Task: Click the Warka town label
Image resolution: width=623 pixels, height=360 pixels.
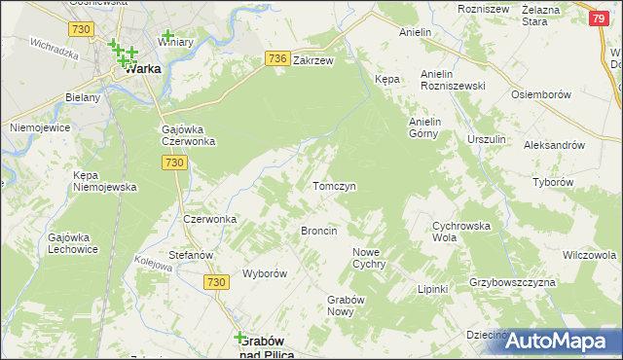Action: [140, 69]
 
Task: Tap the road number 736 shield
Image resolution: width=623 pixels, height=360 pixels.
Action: [276, 59]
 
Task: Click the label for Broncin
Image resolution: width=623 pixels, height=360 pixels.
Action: [318, 231]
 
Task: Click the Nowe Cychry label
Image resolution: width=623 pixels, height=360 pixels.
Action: [369, 258]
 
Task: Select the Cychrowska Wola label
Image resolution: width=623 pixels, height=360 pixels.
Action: [458, 231]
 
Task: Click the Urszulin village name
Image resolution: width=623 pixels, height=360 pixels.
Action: [486, 140]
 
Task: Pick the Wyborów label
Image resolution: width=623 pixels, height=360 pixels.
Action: [264, 273]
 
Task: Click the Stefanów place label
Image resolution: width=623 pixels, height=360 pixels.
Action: [191, 255]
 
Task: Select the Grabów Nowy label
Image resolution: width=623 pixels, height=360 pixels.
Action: [345, 305]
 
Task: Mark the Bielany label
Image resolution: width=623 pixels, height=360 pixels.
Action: [82, 99]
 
